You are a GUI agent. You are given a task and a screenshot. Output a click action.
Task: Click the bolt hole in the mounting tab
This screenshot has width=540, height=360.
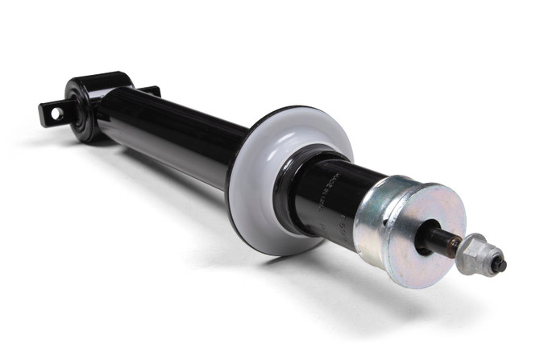pos(56,114)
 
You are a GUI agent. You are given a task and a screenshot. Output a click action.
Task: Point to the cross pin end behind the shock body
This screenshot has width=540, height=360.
pos(149,90)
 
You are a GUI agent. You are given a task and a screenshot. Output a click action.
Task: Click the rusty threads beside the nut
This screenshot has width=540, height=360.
pos(455,245)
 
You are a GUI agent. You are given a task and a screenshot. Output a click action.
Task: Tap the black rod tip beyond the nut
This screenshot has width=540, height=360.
pos(500,263)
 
